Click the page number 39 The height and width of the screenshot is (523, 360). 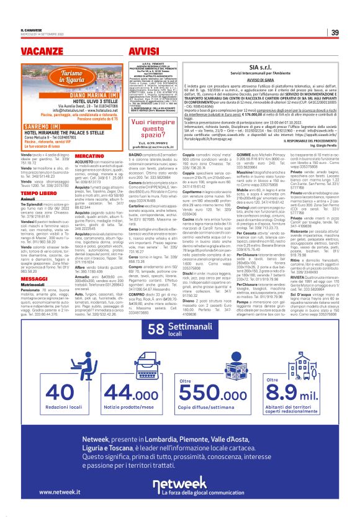click(x=335, y=33)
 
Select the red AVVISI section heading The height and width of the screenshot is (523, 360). click(x=142, y=49)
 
